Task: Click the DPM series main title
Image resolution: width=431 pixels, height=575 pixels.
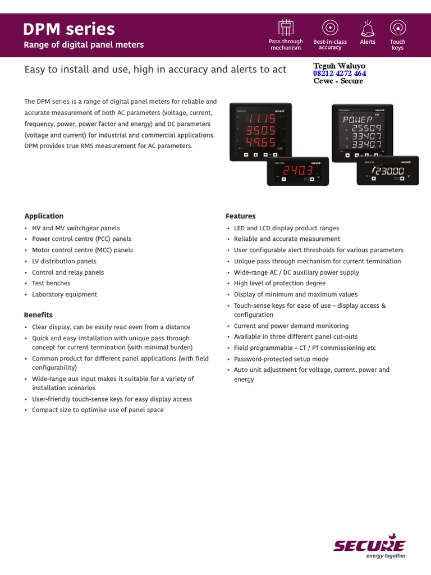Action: coord(69,29)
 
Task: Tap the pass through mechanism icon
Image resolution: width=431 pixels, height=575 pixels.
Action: coord(286,28)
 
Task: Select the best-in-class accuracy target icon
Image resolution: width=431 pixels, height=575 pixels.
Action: coord(329,28)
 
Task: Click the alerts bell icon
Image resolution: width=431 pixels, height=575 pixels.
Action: coord(368,28)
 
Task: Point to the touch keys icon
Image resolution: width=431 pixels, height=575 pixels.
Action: coord(397,28)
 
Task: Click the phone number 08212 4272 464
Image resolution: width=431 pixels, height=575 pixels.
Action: coord(339,74)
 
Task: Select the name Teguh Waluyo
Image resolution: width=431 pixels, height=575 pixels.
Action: coord(339,66)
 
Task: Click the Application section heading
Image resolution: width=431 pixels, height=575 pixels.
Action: coord(44,216)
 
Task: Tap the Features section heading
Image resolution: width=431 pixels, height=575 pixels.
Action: coord(240,216)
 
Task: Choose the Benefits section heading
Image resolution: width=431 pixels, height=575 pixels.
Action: coord(38,315)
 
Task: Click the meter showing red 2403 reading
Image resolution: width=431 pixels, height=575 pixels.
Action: coord(297,171)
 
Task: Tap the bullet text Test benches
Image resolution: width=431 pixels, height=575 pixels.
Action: coord(51,284)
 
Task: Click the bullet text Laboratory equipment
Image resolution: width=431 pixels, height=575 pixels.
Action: coord(65,294)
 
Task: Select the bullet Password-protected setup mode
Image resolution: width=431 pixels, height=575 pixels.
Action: coord(281,359)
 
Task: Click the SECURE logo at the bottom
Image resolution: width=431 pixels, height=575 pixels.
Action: coord(369,545)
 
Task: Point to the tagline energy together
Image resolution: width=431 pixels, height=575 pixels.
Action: coord(386,556)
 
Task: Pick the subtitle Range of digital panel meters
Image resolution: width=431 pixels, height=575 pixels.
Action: coord(84,45)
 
